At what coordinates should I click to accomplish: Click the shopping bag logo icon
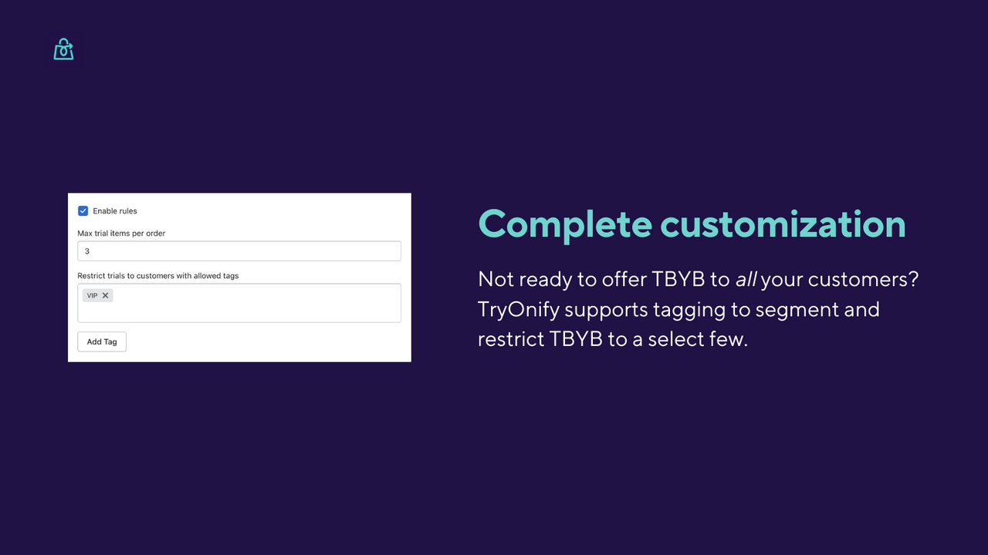(x=63, y=49)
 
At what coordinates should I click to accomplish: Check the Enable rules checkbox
(x=83, y=211)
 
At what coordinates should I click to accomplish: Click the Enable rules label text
(x=115, y=211)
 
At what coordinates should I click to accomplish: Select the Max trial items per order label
(x=121, y=234)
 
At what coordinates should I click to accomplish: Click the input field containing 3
(x=239, y=251)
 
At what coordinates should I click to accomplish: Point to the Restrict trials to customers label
(x=157, y=276)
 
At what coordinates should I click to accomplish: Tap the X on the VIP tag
(x=106, y=295)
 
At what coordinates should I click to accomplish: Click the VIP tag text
(x=93, y=295)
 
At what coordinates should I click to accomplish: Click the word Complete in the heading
(x=564, y=224)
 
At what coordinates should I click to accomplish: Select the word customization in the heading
(x=783, y=224)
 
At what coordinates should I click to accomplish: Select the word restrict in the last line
(x=510, y=339)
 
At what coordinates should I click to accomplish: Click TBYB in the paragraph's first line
(x=679, y=279)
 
